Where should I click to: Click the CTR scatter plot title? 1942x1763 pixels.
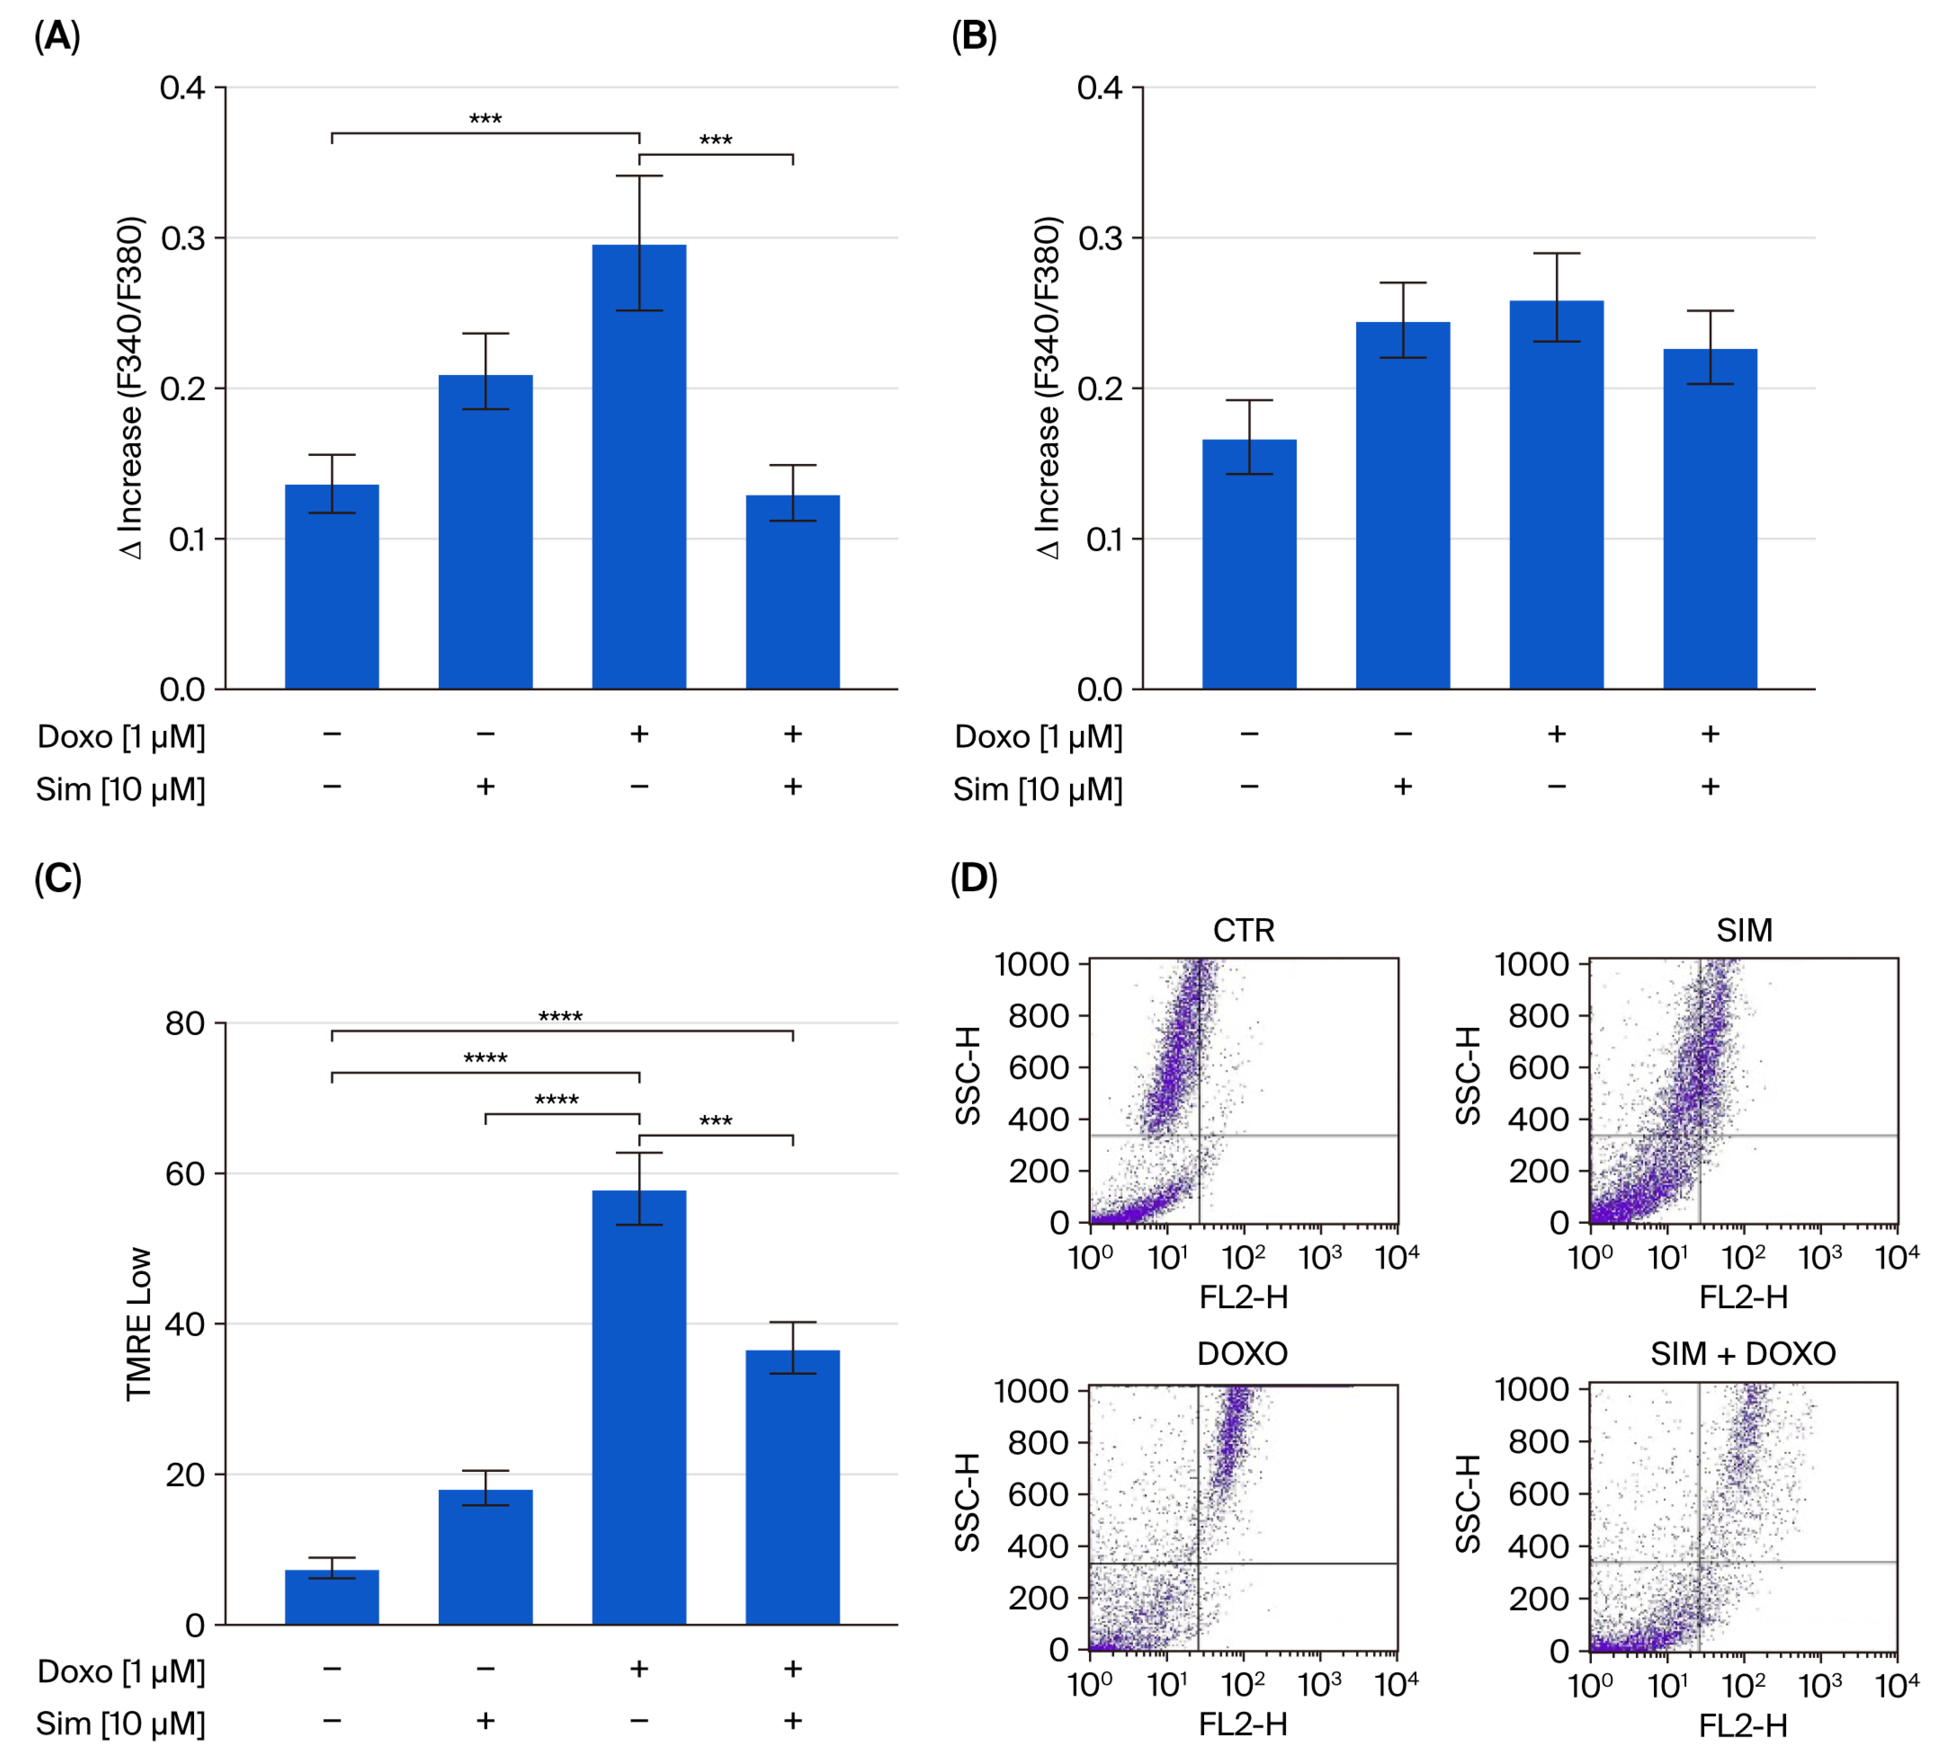[x=1243, y=930]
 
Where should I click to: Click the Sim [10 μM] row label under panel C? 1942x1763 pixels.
[x=120, y=1723]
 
